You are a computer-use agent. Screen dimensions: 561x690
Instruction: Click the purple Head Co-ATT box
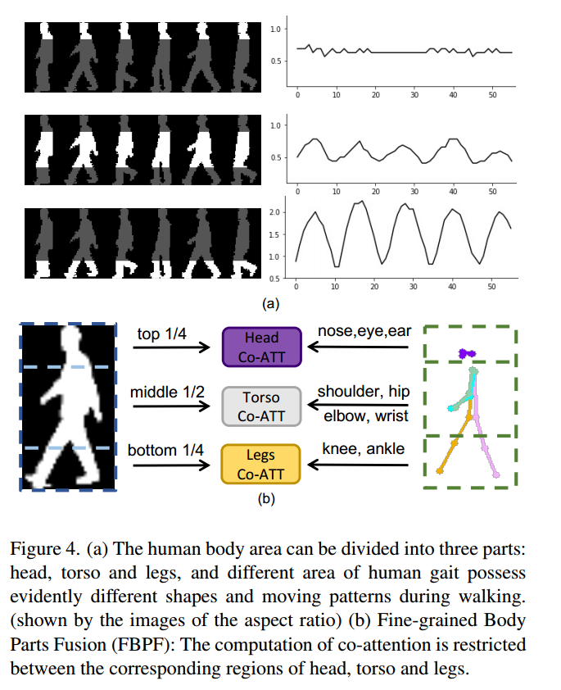tap(261, 345)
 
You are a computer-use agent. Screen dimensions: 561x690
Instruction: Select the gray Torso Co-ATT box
tap(261, 406)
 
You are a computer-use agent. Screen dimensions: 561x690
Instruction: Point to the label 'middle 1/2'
tap(165, 393)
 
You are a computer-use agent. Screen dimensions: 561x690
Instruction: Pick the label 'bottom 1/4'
tap(165, 451)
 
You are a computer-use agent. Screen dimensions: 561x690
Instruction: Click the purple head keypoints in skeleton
tap(467, 353)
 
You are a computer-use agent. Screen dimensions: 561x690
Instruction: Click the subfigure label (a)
tap(270, 302)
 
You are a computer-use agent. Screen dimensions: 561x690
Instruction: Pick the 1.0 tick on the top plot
tap(276, 29)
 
